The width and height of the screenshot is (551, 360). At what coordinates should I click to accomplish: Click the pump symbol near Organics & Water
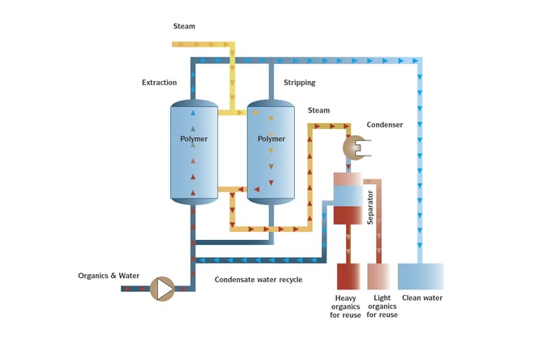[x=164, y=287]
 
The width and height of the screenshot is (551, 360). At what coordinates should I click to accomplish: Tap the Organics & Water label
[x=109, y=276]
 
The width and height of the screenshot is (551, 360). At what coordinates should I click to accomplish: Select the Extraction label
[x=159, y=83]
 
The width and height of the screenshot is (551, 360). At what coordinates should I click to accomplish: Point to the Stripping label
[x=299, y=83]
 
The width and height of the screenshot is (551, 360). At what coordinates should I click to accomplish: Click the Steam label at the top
[x=184, y=26]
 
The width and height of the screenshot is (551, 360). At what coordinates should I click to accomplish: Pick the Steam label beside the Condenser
[x=318, y=110]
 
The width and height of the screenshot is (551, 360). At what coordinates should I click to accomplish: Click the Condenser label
[x=385, y=125]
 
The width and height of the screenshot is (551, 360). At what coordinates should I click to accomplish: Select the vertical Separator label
[x=369, y=208]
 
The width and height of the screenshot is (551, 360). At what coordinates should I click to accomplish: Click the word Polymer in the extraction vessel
[x=194, y=139]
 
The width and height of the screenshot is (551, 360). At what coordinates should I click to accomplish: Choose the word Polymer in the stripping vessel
[x=271, y=139]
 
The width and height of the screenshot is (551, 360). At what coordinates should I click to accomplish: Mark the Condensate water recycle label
[x=258, y=280]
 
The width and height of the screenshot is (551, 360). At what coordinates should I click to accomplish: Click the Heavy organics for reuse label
[x=346, y=306]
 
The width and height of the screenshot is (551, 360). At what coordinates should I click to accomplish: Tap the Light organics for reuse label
[x=382, y=306]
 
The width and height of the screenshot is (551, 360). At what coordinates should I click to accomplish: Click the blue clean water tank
[x=421, y=276]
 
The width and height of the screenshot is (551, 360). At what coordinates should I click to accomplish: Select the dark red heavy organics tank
[x=348, y=276]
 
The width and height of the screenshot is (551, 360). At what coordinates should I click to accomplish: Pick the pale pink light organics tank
[x=382, y=276]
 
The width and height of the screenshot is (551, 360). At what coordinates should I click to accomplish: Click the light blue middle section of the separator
[x=349, y=195]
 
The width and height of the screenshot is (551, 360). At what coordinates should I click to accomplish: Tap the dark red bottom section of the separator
[x=349, y=216]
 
